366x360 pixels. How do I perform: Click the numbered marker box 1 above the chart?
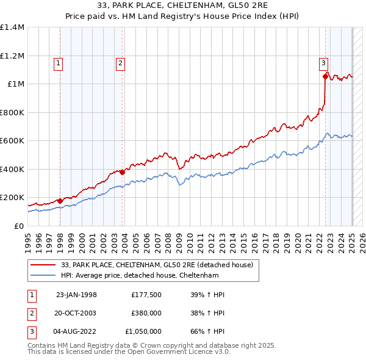[x=58, y=62]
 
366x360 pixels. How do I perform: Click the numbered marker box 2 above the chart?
[x=120, y=62]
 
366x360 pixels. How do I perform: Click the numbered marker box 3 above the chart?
[x=323, y=62]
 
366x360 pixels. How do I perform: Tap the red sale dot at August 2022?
[x=325, y=77]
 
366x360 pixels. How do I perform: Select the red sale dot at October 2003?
[x=123, y=172]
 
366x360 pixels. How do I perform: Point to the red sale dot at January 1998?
[x=60, y=201]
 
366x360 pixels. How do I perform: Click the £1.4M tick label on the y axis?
[x=12, y=27]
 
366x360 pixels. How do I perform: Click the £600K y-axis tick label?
[x=12, y=140]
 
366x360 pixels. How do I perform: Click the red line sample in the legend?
[x=43, y=264]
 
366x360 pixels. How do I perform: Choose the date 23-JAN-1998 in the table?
[x=76, y=295]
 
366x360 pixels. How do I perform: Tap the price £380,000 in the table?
[x=146, y=313]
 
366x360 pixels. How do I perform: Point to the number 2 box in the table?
[x=31, y=313]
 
